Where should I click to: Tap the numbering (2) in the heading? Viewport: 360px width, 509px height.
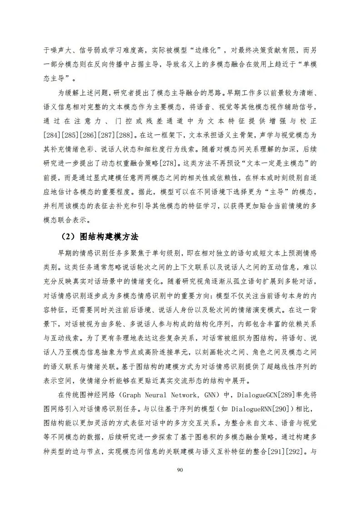[68, 237]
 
